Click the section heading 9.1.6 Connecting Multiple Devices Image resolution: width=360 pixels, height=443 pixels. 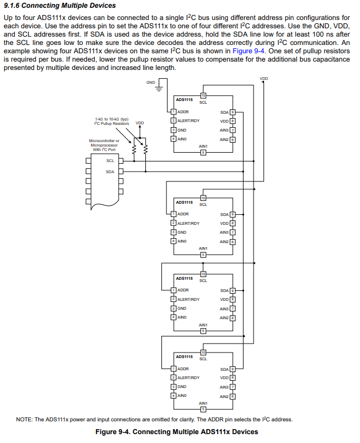59,6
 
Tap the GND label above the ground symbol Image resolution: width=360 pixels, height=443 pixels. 151,82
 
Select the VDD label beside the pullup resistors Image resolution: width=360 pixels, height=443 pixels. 140,123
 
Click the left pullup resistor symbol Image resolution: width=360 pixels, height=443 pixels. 134,150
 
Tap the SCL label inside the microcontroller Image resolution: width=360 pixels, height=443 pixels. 110,161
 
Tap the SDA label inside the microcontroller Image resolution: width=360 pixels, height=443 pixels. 110,172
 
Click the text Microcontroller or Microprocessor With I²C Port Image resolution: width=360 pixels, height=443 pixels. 104,145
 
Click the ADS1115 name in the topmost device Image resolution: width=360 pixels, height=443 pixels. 184,99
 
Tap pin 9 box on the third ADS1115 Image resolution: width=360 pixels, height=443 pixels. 233,290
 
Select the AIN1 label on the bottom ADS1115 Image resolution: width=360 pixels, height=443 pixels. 203,403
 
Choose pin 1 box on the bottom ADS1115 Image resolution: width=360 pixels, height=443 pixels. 173,369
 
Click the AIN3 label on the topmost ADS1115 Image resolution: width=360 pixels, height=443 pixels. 224,130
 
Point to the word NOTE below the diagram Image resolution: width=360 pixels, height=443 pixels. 24,419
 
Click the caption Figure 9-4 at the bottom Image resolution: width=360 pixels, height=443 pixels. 176,432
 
